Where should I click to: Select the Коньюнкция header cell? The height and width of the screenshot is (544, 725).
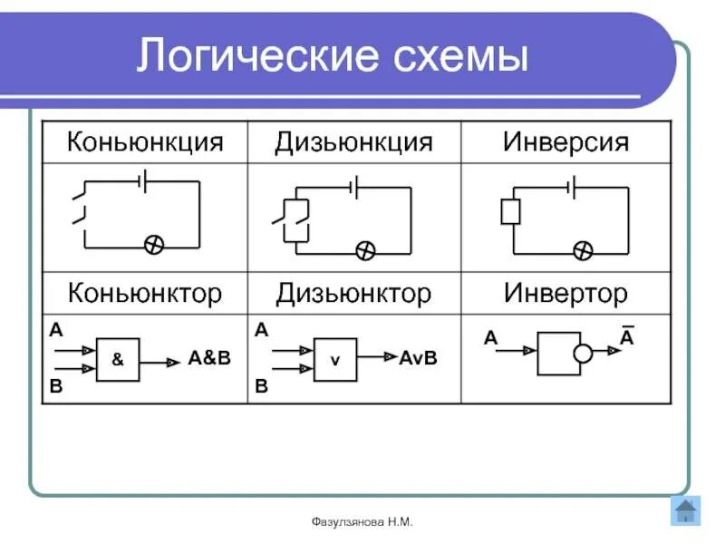click(145, 142)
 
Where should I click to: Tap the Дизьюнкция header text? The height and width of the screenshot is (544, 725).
click(353, 142)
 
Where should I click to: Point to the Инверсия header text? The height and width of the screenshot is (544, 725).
click(565, 142)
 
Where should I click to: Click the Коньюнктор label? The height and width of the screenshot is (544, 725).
click(145, 293)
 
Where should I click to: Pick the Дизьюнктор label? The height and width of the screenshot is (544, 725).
click(353, 293)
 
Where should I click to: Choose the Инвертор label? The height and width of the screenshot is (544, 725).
click(565, 293)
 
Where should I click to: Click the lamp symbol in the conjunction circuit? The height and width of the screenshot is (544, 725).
click(155, 246)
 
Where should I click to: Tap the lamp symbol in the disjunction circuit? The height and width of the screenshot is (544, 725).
click(364, 250)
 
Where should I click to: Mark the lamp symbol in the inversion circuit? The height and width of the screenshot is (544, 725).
click(583, 250)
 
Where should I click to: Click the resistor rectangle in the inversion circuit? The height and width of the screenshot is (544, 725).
click(511, 212)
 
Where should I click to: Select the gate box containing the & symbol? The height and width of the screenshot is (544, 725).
click(118, 359)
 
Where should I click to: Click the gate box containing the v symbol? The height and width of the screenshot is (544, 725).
click(335, 360)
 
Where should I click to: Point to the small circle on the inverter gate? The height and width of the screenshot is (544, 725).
click(583, 354)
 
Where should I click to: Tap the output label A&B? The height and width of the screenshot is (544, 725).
click(209, 358)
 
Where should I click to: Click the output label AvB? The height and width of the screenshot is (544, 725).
click(418, 358)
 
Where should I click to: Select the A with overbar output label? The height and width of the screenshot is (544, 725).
click(626, 337)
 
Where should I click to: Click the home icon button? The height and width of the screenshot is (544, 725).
click(686, 510)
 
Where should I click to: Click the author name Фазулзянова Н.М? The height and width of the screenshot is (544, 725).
click(362, 523)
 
